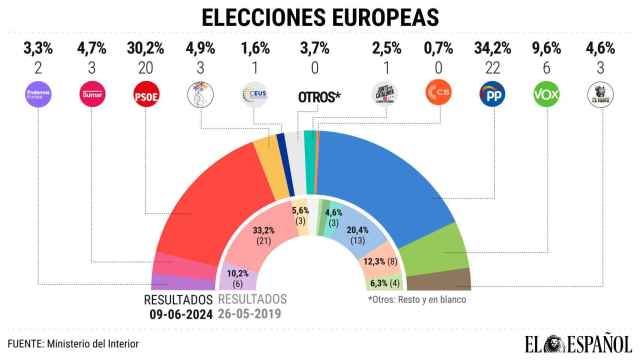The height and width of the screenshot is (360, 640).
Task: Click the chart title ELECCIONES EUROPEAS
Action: click(320, 17)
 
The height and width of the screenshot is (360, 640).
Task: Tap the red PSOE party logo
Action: click(146, 96)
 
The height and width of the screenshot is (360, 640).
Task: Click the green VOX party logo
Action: click(546, 96)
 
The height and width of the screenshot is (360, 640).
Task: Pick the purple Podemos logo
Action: click(38, 96)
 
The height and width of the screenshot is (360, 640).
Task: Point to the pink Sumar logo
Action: click(91, 96)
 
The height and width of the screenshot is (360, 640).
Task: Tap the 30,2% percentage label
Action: click(146, 46)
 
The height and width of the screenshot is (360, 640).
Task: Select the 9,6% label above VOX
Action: click(546, 46)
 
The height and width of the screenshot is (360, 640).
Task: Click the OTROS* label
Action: click(320, 98)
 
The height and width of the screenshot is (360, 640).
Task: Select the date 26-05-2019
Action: click(252, 313)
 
